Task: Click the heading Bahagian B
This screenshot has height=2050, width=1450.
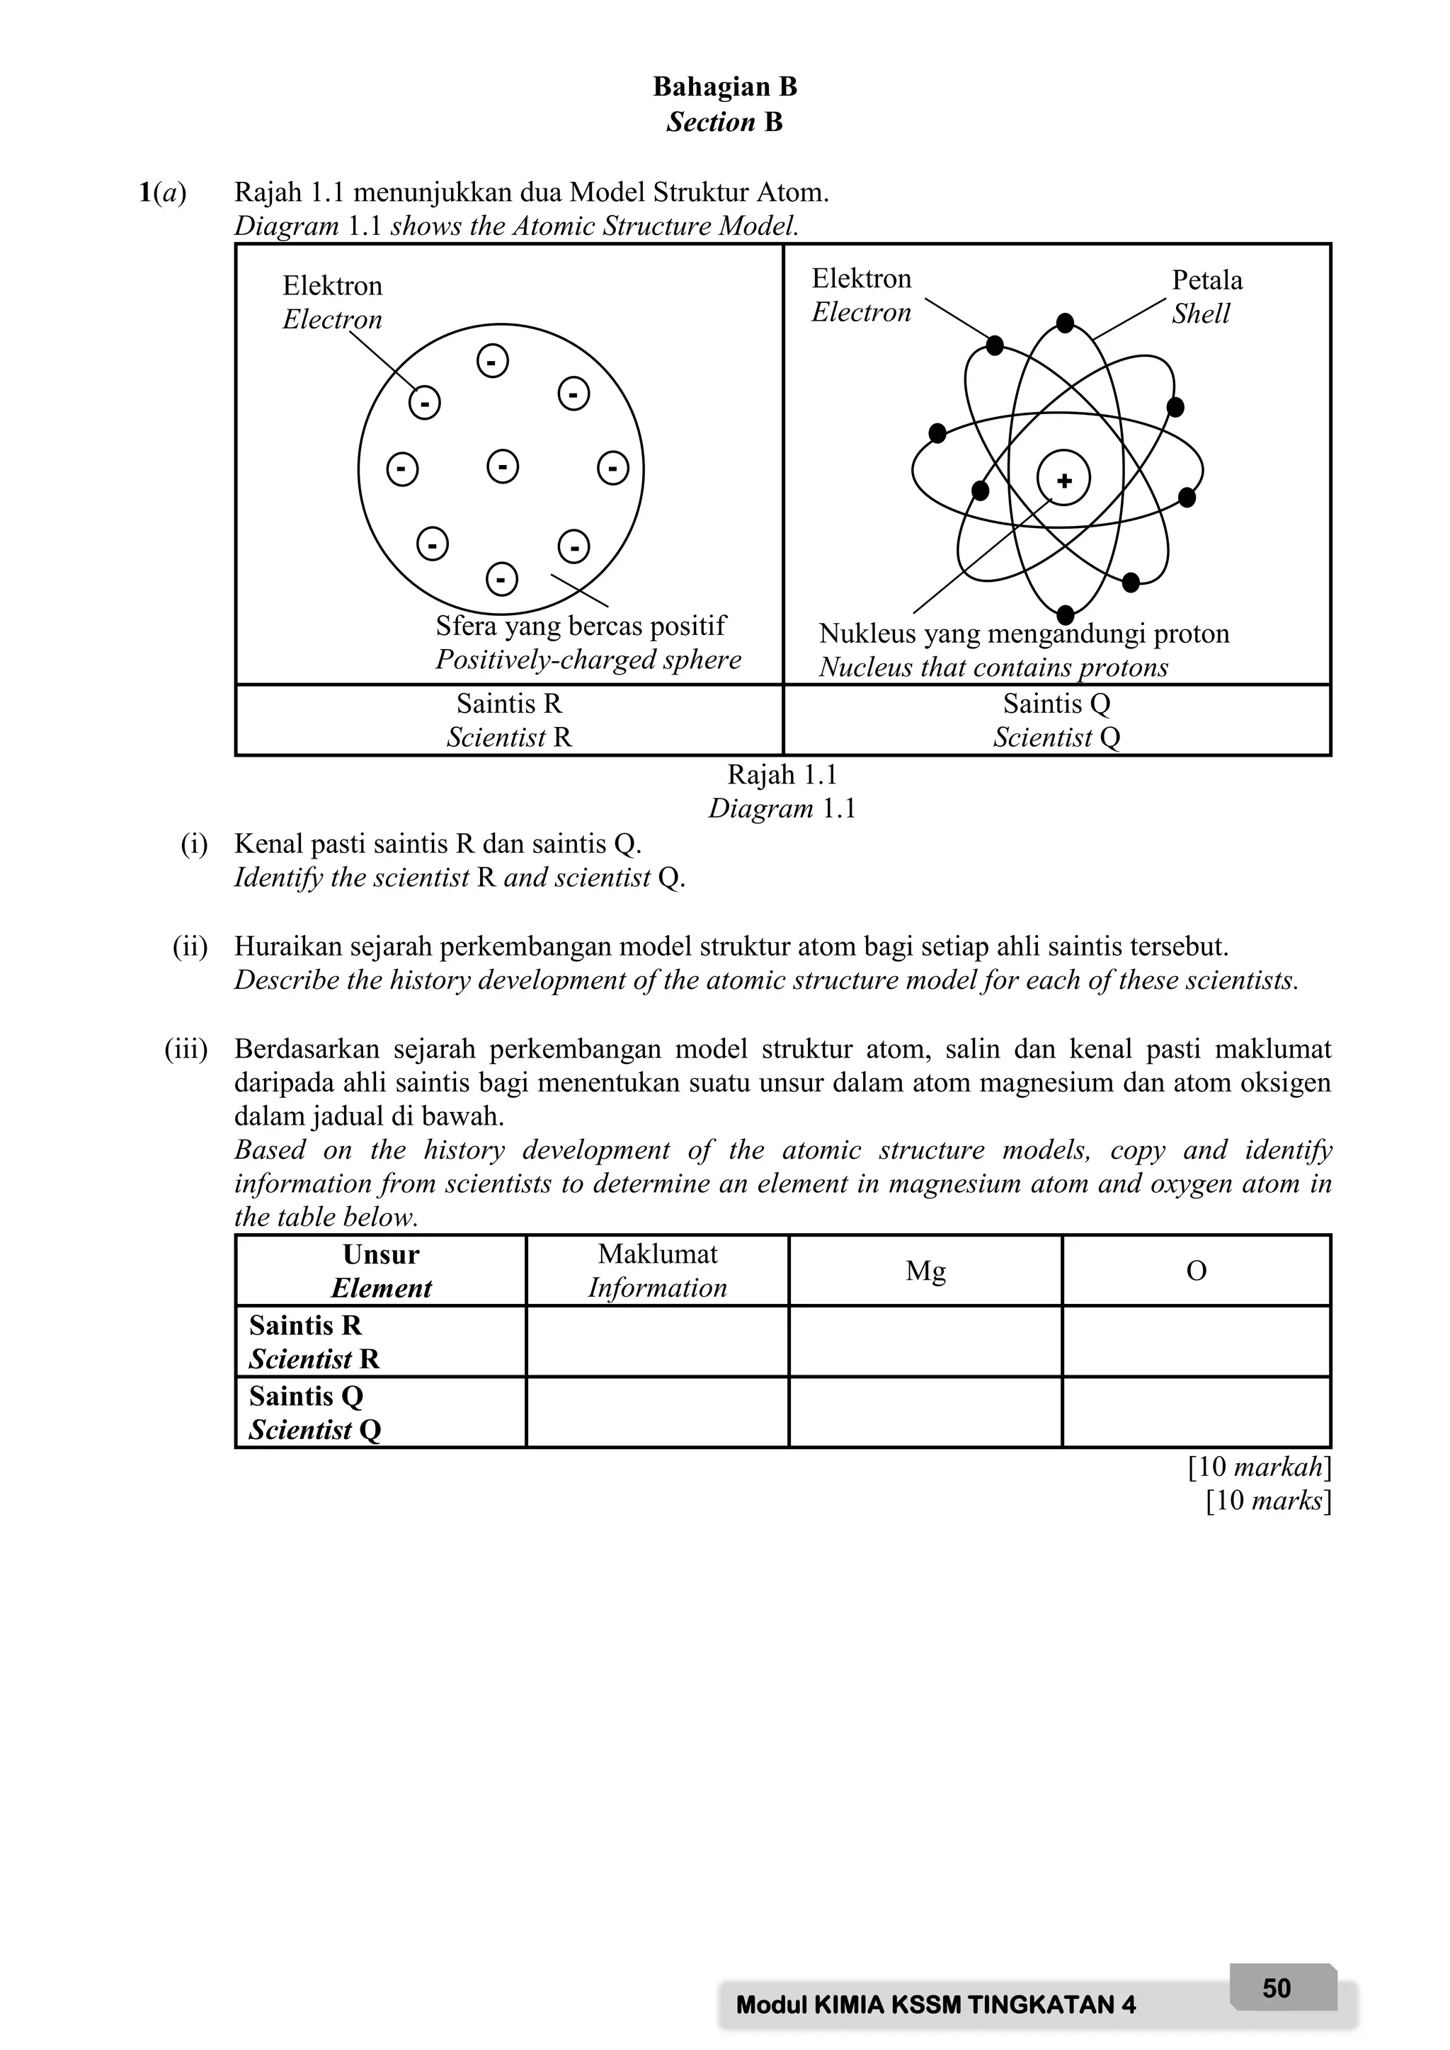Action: pyautogui.click(x=724, y=86)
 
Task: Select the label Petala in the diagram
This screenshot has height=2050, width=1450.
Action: pyautogui.click(x=1206, y=280)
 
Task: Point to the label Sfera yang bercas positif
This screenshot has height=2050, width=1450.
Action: pyautogui.click(x=581, y=626)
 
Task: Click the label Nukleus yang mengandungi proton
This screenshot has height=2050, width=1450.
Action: pyautogui.click(x=1023, y=634)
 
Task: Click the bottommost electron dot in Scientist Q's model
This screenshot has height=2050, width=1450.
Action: pyautogui.click(x=1064, y=614)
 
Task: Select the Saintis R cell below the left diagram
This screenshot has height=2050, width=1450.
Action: pyautogui.click(x=509, y=720)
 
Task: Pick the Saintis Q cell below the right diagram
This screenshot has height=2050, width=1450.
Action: pyautogui.click(x=1056, y=720)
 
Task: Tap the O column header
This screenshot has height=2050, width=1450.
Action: pyautogui.click(x=1196, y=1271)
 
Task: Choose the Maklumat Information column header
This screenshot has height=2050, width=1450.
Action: pyautogui.click(x=657, y=1271)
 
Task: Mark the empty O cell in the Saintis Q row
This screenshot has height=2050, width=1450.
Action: pyautogui.click(x=1196, y=1411)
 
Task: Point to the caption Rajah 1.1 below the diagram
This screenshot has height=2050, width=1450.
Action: pyautogui.click(x=782, y=775)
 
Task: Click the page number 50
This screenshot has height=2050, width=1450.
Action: pyautogui.click(x=1276, y=1988)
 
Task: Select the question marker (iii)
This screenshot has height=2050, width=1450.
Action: pyautogui.click(x=185, y=1049)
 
